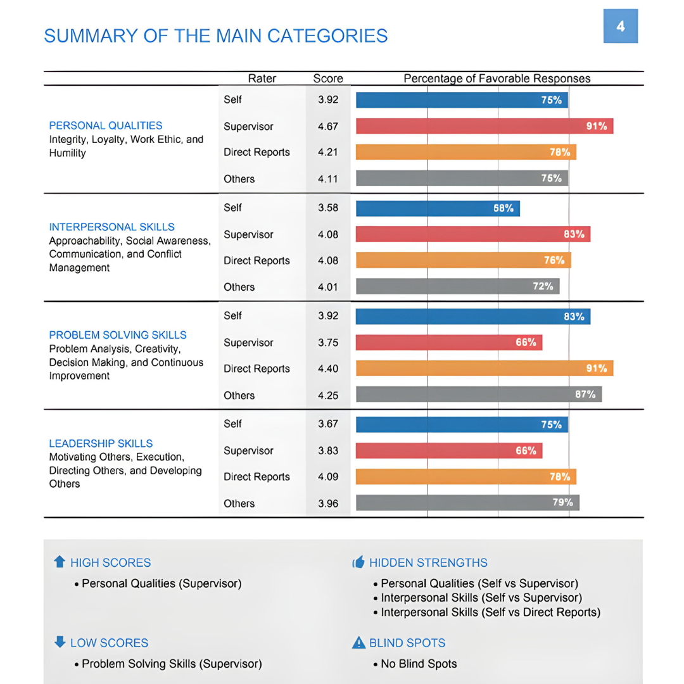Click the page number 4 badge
620,26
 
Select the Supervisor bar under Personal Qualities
484,126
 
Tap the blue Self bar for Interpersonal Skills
438,208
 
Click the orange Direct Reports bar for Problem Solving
484,369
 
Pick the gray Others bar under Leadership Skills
467,503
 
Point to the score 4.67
328,127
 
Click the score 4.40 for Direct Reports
328,369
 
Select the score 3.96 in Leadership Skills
328,503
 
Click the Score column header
328,79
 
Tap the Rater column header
262,79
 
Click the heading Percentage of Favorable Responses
497,79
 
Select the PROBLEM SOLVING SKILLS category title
118,335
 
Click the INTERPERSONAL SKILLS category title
112,227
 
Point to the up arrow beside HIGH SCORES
60,562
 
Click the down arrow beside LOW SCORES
60,642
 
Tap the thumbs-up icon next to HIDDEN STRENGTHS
358,562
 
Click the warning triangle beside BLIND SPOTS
358,643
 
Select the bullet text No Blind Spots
419,664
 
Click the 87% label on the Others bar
585,395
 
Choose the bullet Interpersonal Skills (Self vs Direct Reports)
490,612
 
